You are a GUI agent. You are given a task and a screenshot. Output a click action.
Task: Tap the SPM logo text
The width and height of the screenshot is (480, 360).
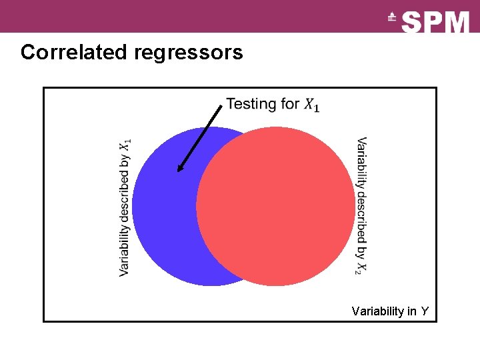click(x=436, y=22)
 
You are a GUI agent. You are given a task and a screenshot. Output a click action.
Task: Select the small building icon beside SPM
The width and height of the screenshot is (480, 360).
click(x=392, y=18)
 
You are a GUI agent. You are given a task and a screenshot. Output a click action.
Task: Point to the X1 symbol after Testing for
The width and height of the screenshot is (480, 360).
click(x=311, y=105)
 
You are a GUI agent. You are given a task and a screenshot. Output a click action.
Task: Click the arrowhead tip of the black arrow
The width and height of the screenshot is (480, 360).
click(x=179, y=171)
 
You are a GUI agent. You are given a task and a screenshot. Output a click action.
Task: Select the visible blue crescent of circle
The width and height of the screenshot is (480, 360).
click(x=163, y=207)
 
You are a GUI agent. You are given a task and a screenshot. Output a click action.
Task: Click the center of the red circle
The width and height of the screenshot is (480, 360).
click(x=275, y=206)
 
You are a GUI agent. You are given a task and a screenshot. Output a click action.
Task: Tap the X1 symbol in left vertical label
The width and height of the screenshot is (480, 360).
click(x=125, y=145)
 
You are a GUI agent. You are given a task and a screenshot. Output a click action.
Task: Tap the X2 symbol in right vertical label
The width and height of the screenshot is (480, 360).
click(x=361, y=267)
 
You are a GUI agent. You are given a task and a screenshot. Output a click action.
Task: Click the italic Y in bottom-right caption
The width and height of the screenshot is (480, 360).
click(x=425, y=311)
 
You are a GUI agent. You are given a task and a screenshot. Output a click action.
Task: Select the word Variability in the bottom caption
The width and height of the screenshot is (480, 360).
click(x=377, y=311)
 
